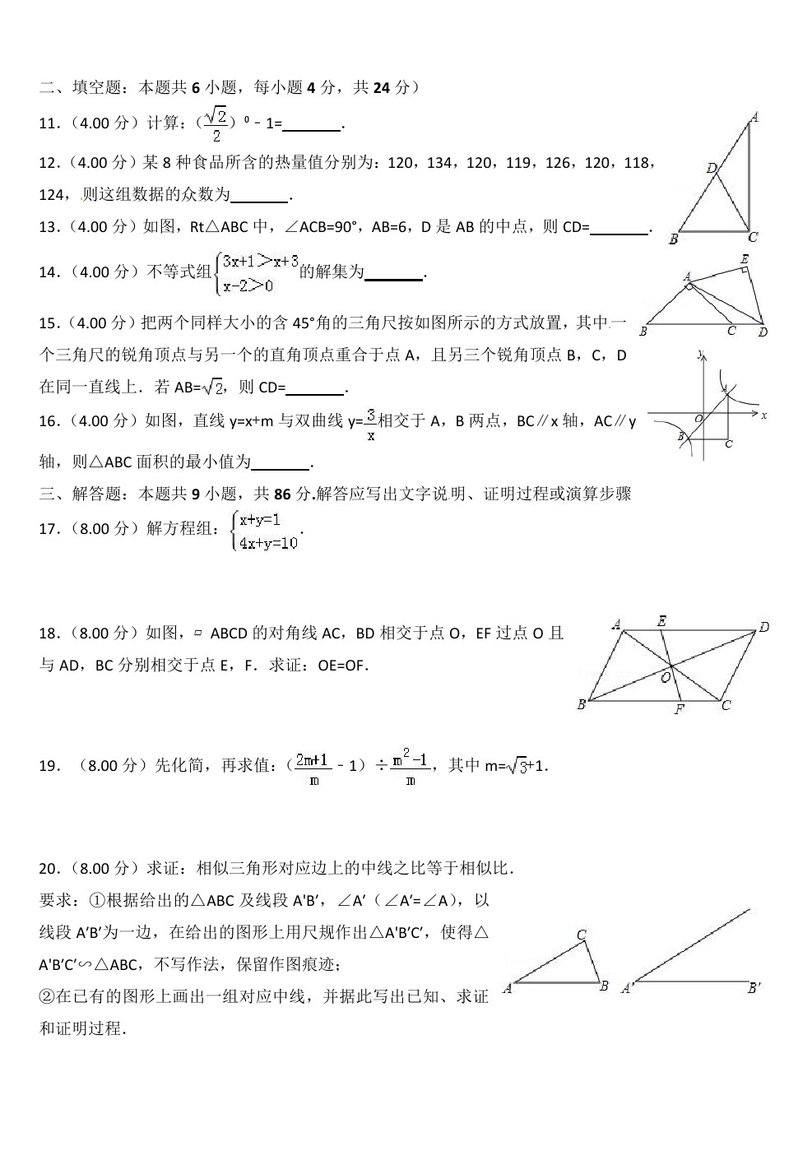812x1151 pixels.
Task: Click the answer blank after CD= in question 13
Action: [619, 228]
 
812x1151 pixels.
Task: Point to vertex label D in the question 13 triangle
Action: [712, 168]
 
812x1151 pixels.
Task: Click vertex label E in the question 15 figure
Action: [744, 259]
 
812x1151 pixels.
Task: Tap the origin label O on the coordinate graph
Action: [698, 419]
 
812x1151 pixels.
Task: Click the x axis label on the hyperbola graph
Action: [764, 415]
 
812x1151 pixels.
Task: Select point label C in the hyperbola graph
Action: [728, 444]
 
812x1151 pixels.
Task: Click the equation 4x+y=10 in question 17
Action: [267, 543]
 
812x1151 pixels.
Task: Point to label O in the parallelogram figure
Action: [666, 676]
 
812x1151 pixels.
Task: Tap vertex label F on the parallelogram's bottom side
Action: [679, 709]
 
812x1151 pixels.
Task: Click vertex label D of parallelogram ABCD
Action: [763, 628]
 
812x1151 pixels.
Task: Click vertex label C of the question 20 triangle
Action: [581, 935]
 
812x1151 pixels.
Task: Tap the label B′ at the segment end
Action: [754, 989]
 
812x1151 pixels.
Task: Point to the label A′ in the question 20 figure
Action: [627, 989]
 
